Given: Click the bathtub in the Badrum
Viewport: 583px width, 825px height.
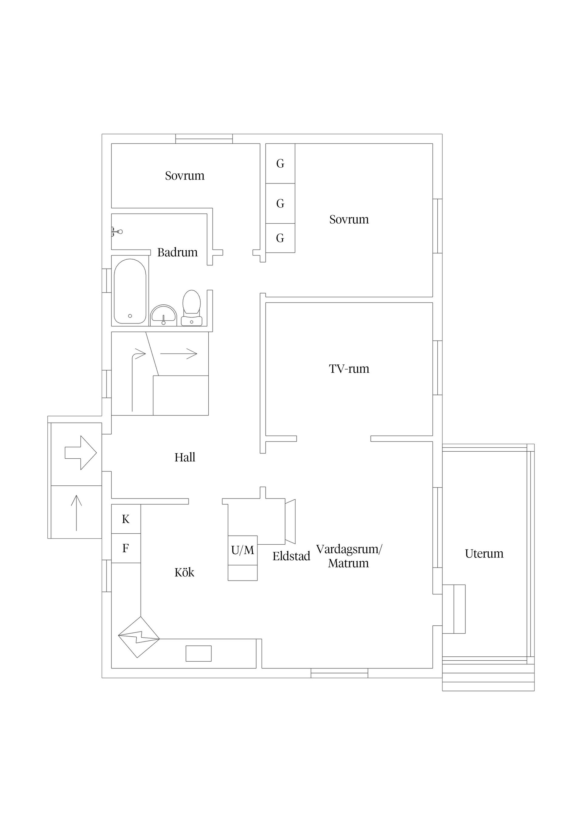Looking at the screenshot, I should coord(130,291).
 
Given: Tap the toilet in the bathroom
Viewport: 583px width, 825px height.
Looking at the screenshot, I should coord(192,306).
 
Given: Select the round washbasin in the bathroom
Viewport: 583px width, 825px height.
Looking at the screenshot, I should coord(163,315).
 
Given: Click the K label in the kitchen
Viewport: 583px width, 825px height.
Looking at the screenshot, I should coord(126,519).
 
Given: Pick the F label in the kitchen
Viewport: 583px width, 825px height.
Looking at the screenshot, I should coord(126,548).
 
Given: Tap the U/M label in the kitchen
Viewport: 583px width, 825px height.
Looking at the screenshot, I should coord(243,550).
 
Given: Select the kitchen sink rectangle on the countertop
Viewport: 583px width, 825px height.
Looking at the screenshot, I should coord(198,653).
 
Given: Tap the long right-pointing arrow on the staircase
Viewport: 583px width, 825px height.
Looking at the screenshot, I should coord(179,354).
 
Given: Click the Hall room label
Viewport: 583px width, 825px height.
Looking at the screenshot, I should coord(185,457).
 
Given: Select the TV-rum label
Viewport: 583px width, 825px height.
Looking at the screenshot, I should coord(349,369).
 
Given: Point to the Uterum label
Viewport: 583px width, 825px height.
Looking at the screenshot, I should coord(484,554).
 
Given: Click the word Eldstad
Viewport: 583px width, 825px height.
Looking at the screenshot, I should coord(291,556).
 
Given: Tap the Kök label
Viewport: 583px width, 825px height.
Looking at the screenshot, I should coord(184,572).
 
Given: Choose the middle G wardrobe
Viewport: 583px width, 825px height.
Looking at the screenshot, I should coord(280,204).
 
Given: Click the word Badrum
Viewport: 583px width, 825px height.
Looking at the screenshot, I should coord(177,252).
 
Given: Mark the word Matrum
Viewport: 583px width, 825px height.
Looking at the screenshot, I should coord(348,563).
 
